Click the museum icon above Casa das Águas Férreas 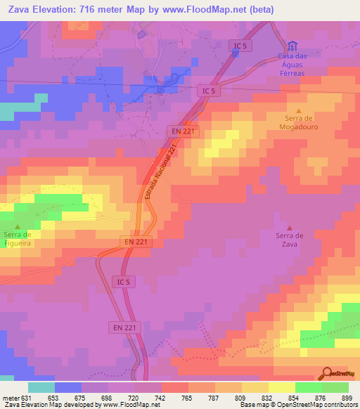tap(292, 46)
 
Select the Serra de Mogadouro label tap(300, 125)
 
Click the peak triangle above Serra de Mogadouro tap(300, 111)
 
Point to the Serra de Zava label tap(288, 240)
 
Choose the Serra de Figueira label tap(18, 238)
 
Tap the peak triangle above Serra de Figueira tap(18, 226)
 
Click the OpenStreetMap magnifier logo tap(328, 373)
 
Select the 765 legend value tap(187, 397)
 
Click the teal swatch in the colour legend tap(41, 387)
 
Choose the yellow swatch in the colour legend tap(282, 387)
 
